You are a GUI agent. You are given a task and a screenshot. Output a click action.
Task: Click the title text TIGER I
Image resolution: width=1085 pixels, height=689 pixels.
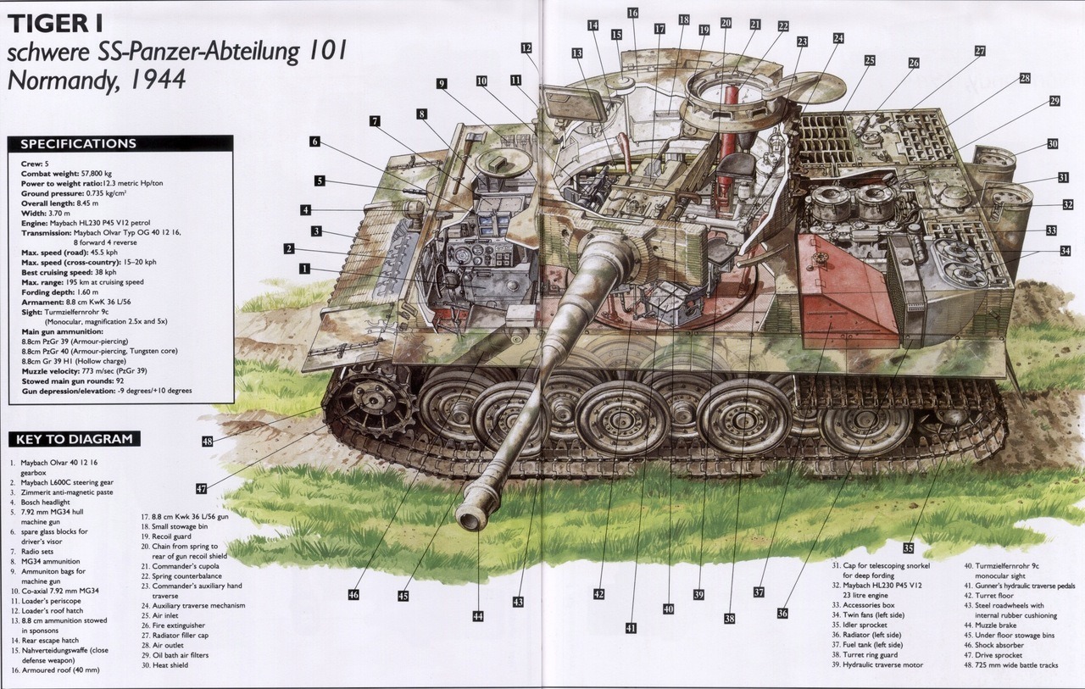point(56,23)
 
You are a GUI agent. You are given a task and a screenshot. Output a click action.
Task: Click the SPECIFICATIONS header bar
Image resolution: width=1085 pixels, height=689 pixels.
point(120,143)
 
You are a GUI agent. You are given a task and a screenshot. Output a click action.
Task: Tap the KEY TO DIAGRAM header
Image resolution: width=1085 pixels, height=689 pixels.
point(74,439)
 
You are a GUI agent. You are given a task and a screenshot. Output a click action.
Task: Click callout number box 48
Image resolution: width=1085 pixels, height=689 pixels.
point(208,441)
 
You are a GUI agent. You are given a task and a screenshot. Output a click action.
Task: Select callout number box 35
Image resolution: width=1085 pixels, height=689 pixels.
point(908,548)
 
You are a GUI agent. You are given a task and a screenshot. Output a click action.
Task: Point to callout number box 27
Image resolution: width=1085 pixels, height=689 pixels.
point(980,51)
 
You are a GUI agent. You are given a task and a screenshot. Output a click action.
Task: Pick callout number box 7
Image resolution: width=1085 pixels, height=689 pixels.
point(375,121)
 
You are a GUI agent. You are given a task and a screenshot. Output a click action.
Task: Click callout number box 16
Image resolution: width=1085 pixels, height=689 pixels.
point(632,13)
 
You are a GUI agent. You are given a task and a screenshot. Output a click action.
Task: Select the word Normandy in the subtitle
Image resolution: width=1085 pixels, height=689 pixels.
point(62,80)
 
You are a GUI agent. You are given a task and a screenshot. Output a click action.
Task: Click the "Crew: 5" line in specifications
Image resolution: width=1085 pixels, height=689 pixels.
point(35,164)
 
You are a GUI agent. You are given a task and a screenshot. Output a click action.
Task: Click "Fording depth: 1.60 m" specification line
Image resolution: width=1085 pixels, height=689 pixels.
point(59,292)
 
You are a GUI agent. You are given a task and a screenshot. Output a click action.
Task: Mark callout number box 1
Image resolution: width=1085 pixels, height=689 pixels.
point(304,269)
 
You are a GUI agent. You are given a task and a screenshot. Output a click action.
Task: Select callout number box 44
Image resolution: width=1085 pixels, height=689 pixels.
point(478,616)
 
